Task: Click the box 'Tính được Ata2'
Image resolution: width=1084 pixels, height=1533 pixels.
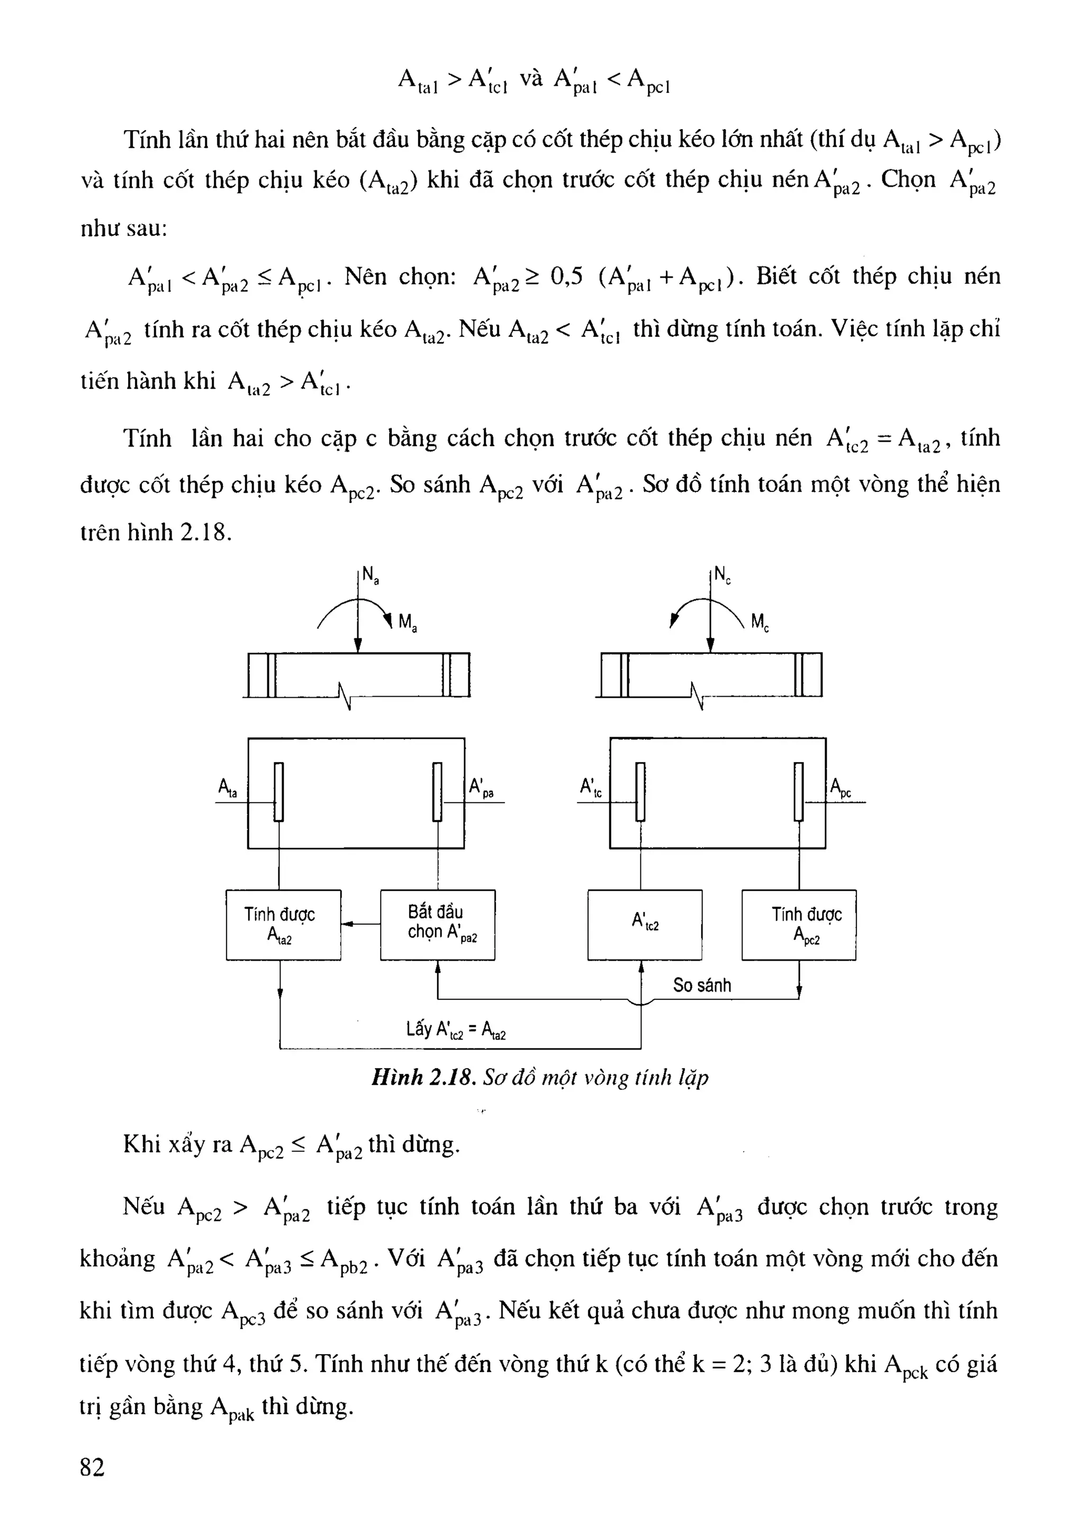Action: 283,925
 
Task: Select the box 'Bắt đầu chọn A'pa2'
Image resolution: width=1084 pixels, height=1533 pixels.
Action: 438,925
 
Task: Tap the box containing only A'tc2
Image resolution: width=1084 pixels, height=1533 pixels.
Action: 645,925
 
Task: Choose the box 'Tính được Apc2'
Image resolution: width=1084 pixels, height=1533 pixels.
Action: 799,925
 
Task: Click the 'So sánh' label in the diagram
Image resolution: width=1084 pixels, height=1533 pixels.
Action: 702,985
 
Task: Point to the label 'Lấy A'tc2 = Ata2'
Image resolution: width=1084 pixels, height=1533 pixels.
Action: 456,1029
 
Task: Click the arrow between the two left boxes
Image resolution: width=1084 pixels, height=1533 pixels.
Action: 360,925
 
